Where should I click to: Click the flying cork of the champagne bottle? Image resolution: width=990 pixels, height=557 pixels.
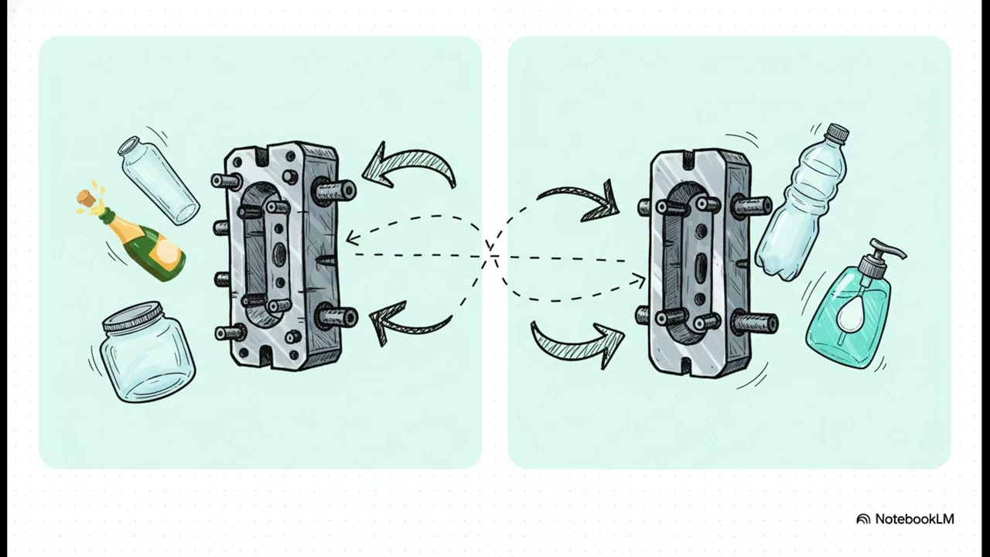[x=87, y=198]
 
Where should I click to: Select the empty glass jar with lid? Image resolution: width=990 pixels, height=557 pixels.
[x=147, y=352]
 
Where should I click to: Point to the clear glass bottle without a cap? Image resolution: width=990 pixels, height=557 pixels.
[x=159, y=180]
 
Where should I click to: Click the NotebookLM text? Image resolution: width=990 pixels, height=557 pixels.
[x=914, y=519]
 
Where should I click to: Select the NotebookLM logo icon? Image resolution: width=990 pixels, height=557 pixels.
[x=863, y=519]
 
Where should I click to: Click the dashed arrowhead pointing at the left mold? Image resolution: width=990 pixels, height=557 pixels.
[x=352, y=239]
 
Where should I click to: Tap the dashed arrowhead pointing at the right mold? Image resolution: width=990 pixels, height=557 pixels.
[x=639, y=280]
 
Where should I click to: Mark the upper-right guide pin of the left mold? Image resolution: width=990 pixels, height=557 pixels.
[x=336, y=191]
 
